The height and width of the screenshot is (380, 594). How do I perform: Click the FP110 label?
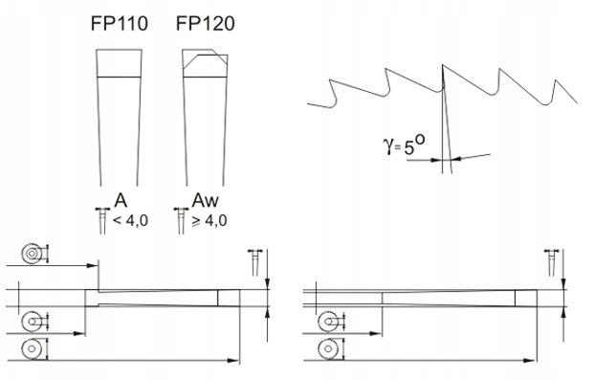(119, 24)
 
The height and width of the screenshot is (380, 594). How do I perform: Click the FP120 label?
(205, 24)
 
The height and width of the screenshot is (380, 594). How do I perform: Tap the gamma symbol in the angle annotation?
(388, 146)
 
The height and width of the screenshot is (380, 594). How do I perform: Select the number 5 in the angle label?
(409, 148)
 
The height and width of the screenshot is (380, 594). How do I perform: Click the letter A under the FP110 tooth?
(121, 200)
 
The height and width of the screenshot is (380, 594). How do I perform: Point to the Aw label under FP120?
(205, 200)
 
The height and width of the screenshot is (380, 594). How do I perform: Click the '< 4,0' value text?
(131, 220)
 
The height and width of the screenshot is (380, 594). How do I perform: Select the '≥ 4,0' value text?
(209, 220)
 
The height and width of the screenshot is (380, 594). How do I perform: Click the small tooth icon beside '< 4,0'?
(102, 220)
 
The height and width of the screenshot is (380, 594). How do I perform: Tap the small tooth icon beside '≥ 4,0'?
(181, 220)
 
